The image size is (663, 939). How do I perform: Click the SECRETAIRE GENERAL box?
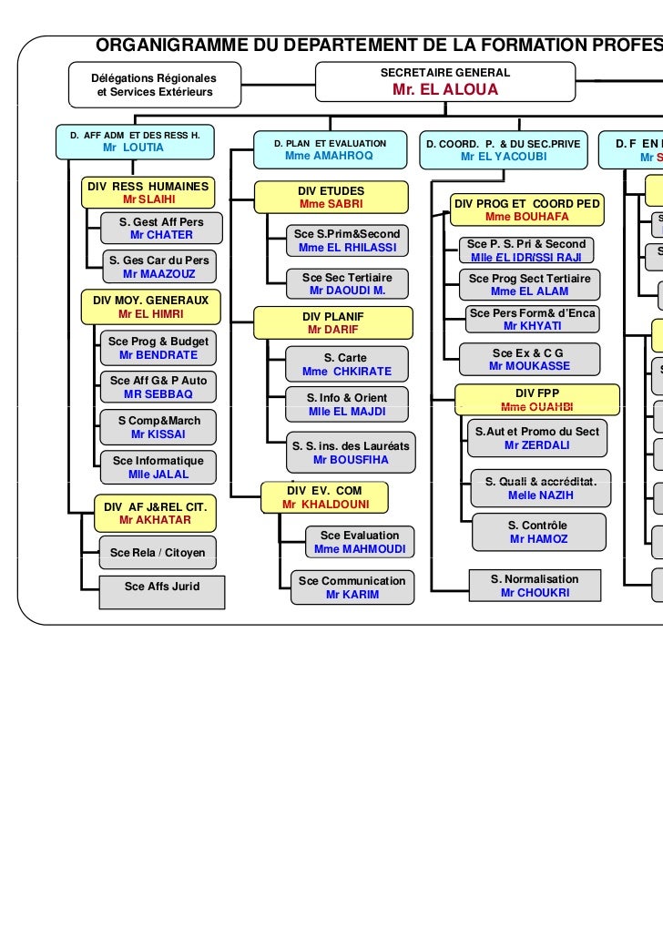pos(445,81)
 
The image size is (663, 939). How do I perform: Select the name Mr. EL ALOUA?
pos(445,90)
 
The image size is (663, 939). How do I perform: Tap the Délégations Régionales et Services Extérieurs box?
pos(154,85)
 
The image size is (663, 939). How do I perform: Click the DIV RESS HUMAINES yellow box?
pos(148,192)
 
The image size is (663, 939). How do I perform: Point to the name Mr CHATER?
pos(161,235)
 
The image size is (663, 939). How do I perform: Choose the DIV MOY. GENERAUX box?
pos(150,306)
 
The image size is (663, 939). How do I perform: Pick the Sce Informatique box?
pos(158,466)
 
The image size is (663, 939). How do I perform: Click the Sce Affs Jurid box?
pos(162,587)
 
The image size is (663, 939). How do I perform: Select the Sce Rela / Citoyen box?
pos(158,552)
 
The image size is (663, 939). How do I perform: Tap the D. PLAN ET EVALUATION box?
pos(329,149)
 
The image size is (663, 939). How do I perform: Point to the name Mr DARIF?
pos(332,330)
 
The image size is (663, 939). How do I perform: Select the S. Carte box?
pos(346,364)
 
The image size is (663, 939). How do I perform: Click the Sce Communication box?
pos(352,587)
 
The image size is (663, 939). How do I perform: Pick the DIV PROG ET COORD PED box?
pos(526,209)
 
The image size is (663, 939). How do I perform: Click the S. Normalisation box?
pos(535,586)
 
